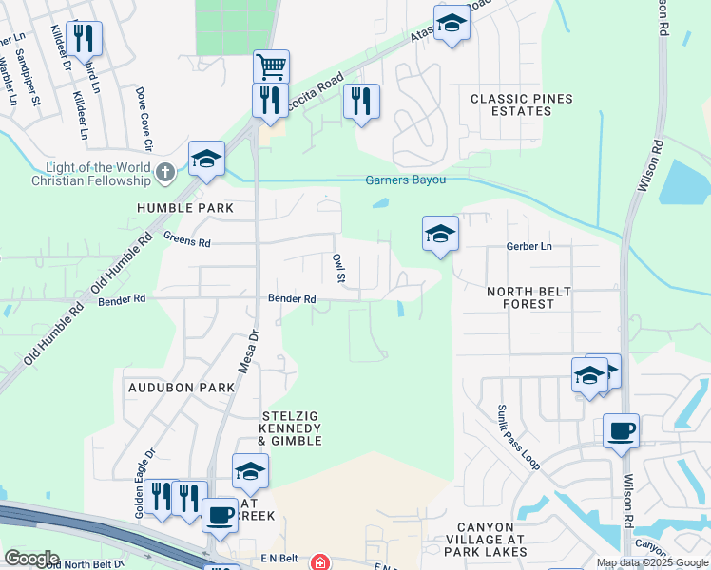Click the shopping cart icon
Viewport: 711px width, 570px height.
click(x=271, y=66)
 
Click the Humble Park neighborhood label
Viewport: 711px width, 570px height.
click(x=179, y=207)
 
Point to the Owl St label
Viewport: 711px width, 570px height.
click(x=337, y=267)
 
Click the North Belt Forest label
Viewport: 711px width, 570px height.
click(x=520, y=298)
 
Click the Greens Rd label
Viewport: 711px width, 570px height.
click(x=186, y=240)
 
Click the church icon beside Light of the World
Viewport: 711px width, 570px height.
click(x=165, y=172)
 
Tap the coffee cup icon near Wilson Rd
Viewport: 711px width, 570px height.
click(x=621, y=431)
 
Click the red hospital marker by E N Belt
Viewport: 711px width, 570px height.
click(x=323, y=562)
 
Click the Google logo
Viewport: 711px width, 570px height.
click(x=31, y=559)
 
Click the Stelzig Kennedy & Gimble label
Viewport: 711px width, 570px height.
click(x=292, y=428)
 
